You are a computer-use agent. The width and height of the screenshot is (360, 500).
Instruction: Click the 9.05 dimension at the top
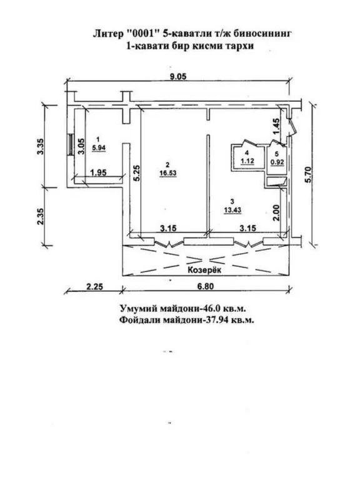coord(178,76)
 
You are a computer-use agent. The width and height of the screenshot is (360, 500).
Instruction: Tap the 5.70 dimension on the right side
coord(307,176)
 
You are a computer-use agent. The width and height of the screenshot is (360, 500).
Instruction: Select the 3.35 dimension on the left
coord(41,147)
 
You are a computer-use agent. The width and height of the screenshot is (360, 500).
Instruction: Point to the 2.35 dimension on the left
coord(41,216)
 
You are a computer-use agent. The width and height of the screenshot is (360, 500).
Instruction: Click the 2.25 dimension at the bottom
coord(95,287)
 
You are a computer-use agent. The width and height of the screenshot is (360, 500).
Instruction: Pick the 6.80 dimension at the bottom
coord(206,287)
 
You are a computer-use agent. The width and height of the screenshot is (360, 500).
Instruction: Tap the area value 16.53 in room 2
coord(167,173)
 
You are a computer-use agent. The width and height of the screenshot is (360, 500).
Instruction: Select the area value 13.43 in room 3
coord(232,210)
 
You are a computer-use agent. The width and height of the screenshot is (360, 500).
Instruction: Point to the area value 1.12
coord(247,161)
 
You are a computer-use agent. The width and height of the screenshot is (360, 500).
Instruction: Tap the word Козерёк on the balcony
coord(204,270)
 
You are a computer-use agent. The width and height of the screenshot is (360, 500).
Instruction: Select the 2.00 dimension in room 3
coord(276,212)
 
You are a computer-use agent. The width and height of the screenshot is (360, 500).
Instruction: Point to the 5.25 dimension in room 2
coord(137,173)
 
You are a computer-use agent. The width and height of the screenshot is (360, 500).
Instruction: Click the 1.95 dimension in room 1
coord(99,172)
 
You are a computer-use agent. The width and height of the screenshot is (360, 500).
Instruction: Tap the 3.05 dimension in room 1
coord(81,146)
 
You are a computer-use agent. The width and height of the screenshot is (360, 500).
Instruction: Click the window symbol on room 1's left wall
coord(71,144)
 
